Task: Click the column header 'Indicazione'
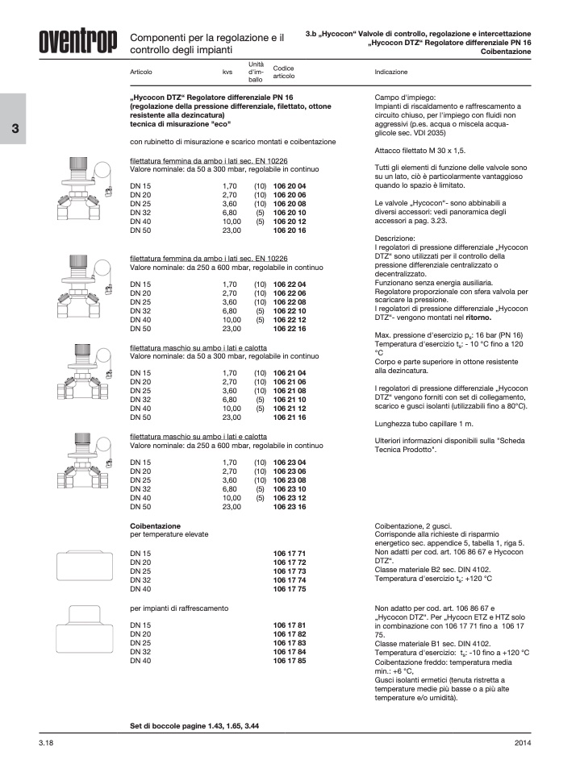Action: pos(391,72)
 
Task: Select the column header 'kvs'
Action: pos(227,72)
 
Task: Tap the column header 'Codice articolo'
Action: pos(284,72)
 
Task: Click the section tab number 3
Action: pos(14,131)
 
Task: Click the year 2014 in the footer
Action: pos(523,741)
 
